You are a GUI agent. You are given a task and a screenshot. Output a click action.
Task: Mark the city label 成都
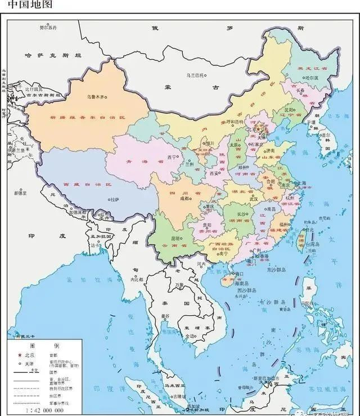click(x=186, y=198)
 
